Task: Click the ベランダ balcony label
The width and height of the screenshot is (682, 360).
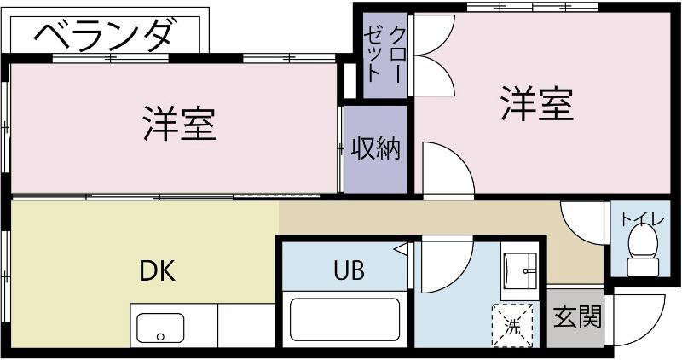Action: tap(107, 36)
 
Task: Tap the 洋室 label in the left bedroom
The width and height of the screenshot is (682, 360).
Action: tap(178, 125)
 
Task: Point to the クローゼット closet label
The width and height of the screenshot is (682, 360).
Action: tap(385, 53)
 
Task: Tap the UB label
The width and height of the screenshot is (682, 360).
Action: tap(349, 271)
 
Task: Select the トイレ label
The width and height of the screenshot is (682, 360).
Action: tap(643, 219)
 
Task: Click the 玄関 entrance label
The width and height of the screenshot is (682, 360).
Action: tap(578, 318)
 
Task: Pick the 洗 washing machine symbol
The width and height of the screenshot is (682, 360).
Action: tap(511, 325)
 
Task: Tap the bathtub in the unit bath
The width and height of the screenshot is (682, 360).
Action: tap(344, 319)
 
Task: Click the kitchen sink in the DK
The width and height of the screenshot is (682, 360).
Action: tap(160, 326)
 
